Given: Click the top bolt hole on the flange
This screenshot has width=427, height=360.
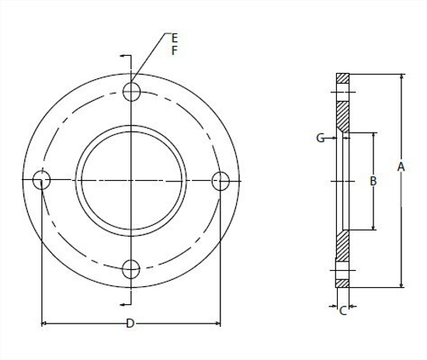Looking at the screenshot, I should coord(132,92).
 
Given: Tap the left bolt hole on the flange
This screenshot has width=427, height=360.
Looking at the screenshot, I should coord(43,180).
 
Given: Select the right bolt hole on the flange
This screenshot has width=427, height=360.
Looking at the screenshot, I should coord(221,180).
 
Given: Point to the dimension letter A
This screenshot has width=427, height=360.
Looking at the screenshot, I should coord(401,166).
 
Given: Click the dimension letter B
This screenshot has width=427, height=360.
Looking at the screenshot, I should coord(373,181).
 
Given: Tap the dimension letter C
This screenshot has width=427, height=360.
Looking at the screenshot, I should coord(342,311).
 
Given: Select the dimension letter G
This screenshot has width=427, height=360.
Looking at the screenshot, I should coord(320,138).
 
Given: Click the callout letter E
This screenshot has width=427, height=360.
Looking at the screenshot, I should coord(175,37).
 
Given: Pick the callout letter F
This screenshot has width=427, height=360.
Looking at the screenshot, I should coord(175,50).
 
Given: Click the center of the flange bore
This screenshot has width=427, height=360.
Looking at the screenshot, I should coord(132,180).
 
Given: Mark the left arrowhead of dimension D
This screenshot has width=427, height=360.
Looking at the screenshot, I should coord(43,322).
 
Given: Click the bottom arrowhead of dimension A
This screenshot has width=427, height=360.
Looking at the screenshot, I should coord(401,284).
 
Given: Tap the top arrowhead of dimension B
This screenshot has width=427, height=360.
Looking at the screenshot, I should coord(374,136).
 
